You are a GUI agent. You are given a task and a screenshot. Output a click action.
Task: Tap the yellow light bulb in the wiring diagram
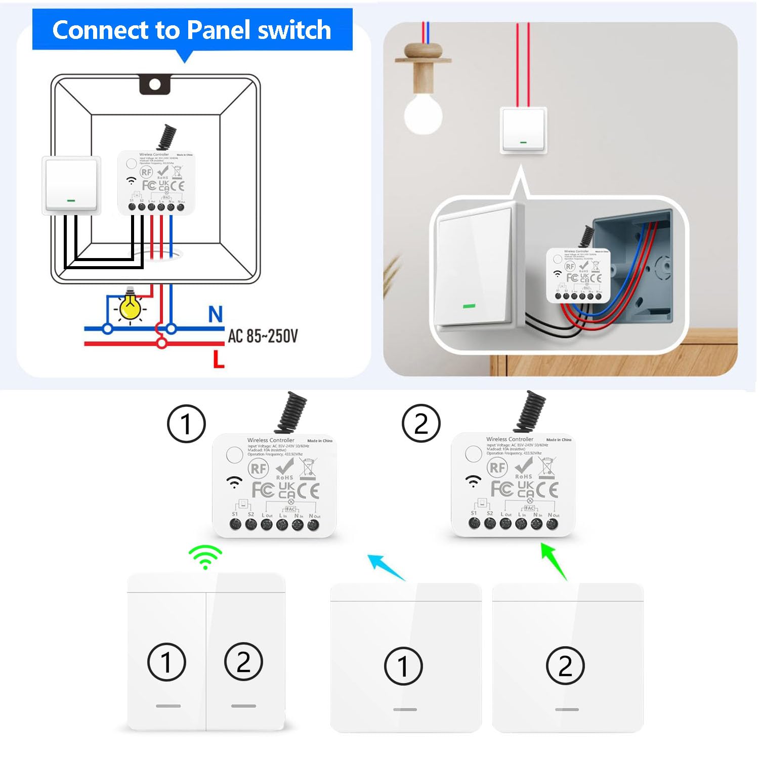(x=130, y=307)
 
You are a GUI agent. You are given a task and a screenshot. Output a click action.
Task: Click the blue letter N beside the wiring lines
(x=216, y=314)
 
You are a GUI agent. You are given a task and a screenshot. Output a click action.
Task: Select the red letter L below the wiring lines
(x=219, y=360)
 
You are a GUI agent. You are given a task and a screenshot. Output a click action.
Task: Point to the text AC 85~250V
(x=263, y=336)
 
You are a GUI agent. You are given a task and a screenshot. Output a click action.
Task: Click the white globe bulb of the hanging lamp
(x=423, y=114)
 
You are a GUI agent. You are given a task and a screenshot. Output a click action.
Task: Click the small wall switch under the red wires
(x=524, y=130)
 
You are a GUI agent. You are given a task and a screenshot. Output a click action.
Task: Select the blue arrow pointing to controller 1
(x=386, y=567)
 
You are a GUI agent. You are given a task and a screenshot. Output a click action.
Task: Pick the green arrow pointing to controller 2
(x=554, y=561)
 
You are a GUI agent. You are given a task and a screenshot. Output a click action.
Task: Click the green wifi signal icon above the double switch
(x=205, y=557)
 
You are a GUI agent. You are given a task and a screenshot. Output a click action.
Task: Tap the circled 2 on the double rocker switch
(x=243, y=662)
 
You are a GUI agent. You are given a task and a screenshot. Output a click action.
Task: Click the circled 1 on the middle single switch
(x=403, y=666)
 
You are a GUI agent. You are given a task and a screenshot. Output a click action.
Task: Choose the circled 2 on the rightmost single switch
(x=565, y=666)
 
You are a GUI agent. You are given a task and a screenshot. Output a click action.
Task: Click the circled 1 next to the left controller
(x=186, y=424)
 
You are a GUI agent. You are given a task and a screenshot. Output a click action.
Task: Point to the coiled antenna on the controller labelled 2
(x=530, y=410)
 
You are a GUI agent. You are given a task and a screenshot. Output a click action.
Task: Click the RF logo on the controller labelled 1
(x=258, y=469)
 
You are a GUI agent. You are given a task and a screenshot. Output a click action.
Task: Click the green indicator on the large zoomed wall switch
(x=469, y=306)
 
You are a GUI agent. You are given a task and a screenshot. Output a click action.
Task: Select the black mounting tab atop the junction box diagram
(x=155, y=85)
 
